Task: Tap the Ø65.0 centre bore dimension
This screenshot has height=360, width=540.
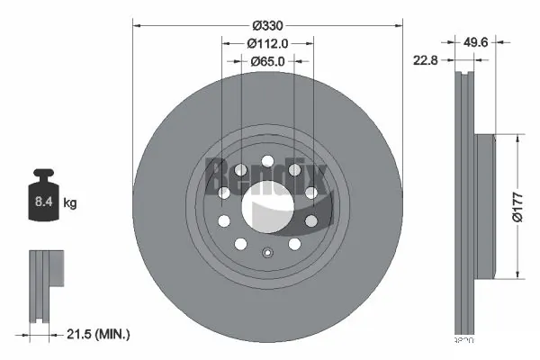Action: (x=267, y=61)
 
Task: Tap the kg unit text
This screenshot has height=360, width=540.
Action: (x=69, y=204)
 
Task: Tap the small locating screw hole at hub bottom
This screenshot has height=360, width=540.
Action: (x=267, y=252)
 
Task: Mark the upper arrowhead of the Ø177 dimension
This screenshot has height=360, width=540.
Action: (x=517, y=139)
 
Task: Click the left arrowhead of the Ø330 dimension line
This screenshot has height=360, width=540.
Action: (x=137, y=27)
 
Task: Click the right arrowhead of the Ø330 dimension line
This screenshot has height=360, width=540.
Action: (x=397, y=27)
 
